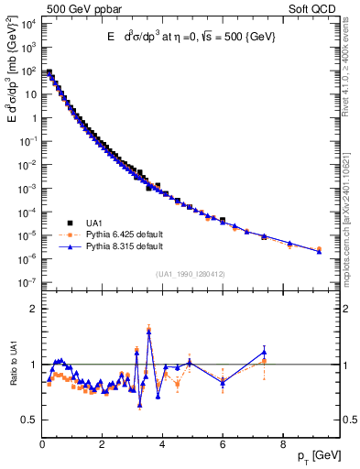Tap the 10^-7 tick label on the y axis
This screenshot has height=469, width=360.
point(27,283)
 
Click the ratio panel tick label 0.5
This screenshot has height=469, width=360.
point(30,420)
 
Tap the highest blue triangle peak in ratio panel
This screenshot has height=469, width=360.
point(149,331)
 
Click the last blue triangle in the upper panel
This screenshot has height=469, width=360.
point(319,251)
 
